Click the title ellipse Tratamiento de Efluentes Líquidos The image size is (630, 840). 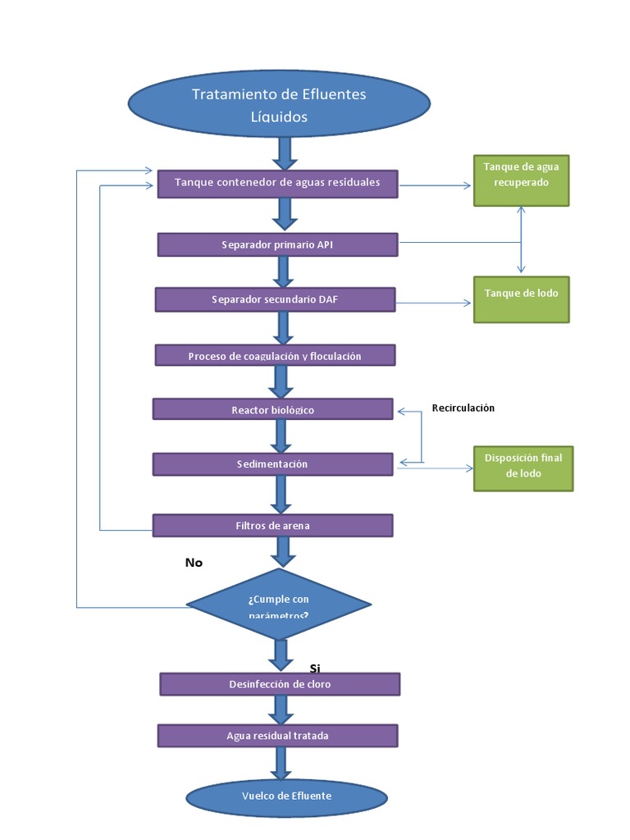pyautogui.click(x=279, y=105)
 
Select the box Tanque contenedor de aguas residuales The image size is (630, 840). pyautogui.click(x=277, y=182)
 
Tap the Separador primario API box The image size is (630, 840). pyautogui.click(x=277, y=244)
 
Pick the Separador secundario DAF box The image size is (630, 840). pyautogui.click(x=275, y=299)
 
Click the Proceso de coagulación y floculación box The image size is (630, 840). pyautogui.click(x=275, y=355)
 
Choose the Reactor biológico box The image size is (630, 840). pyautogui.click(x=273, y=409)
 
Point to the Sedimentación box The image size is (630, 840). pyautogui.click(x=273, y=464)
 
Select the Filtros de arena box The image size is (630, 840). pyautogui.click(x=273, y=525)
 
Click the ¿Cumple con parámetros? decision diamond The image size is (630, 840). pyautogui.click(x=279, y=605)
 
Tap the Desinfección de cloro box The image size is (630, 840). pyautogui.click(x=280, y=683)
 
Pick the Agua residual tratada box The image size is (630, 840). pyautogui.click(x=278, y=735)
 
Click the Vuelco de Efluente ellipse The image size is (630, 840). pyautogui.click(x=286, y=796)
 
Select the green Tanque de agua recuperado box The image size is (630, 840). pyautogui.click(x=521, y=180)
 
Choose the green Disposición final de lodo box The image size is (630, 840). pyautogui.click(x=523, y=468)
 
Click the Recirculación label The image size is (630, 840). pyautogui.click(x=463, y=408)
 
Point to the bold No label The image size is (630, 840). pyautogui.click(x=194, y=563)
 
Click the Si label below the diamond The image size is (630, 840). pyautogui.click(x=315, y=669)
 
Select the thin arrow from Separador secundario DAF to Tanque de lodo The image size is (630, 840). pyautogui.click(x=435, y=303)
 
